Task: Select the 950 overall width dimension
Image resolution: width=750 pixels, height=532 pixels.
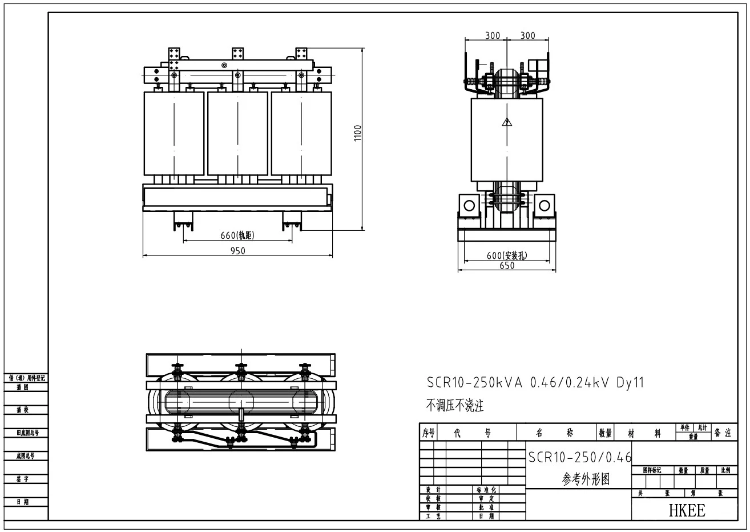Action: click(237, 251)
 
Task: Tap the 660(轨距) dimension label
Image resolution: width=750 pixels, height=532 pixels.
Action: click(237, 235)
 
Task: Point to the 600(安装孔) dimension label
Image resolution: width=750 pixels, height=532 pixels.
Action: click(507, 255)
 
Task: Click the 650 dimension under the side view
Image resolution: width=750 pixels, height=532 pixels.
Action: click(507, 265)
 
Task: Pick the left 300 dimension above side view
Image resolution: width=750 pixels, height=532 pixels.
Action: click(493, 35)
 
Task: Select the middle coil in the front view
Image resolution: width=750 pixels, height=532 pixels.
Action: click(237, 133)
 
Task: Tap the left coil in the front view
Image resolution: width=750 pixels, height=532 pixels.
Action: click(174, 133)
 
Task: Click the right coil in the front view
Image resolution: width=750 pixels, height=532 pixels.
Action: click(301, 133)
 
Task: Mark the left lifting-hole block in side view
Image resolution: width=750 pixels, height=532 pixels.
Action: click(469, 205)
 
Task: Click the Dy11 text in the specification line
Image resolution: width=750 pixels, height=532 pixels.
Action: click(630, 383)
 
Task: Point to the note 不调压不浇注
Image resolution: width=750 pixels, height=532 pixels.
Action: click(455, 406)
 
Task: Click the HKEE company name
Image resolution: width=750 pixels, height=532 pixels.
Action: click(687, 510)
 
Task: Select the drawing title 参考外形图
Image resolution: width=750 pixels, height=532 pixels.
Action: click(586, 479)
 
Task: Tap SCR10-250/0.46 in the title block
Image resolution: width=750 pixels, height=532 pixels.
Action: click(580, 457)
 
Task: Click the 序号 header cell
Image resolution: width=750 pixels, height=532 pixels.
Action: click(428, 433)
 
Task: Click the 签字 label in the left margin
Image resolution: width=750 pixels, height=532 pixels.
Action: click(23, 479)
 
